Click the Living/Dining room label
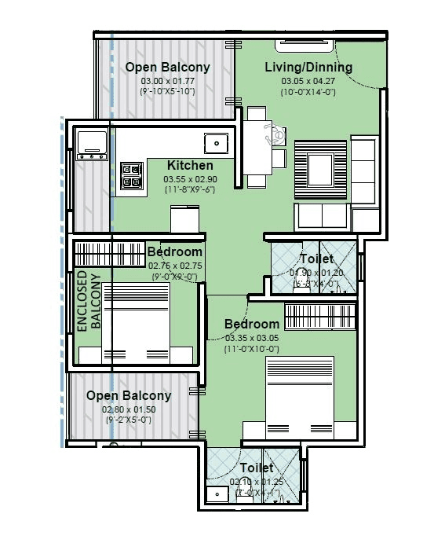pos(308,67)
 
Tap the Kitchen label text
pos(190,165)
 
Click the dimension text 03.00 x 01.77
pos(167,80)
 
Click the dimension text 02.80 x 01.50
pos(128,409)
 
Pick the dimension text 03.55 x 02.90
pos(190,178)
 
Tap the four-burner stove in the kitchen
pos(132,178)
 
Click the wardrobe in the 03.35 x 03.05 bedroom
pos(321,316)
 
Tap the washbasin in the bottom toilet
pos(215,493)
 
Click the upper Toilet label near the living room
pos(316,259)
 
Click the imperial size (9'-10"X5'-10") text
pos(167,92)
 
